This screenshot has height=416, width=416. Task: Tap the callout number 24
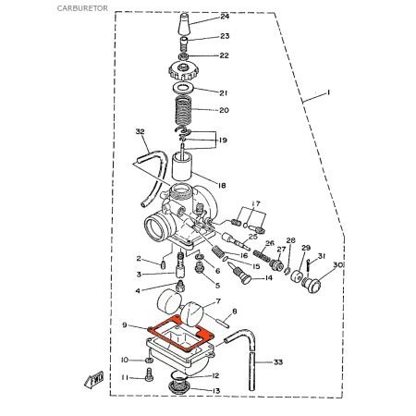[225, 18]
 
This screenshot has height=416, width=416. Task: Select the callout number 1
[326, 93]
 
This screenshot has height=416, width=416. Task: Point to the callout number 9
[124, 324]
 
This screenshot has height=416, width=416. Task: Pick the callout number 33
[278, 362]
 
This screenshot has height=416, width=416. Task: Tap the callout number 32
[141, 132]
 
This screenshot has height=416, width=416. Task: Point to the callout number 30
[338, 265]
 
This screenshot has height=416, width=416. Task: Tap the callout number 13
[215, 391]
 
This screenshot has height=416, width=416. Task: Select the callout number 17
[255, 202]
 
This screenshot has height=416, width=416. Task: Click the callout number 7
[216, 302]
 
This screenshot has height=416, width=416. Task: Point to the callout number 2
[138, 258]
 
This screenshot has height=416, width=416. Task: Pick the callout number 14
[268, 277]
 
